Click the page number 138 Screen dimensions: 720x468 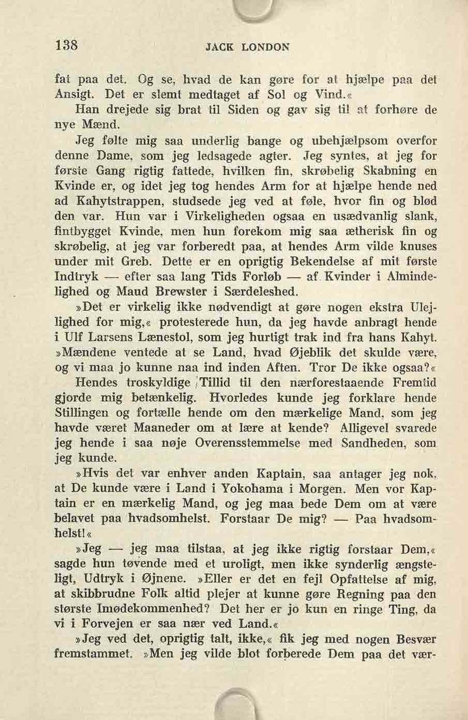click(66, 44)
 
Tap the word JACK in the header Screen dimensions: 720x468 click(220, 47)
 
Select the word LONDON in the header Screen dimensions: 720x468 click(265, 47)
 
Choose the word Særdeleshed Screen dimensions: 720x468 click(261, 292)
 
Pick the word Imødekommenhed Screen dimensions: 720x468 click(154, 609)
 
